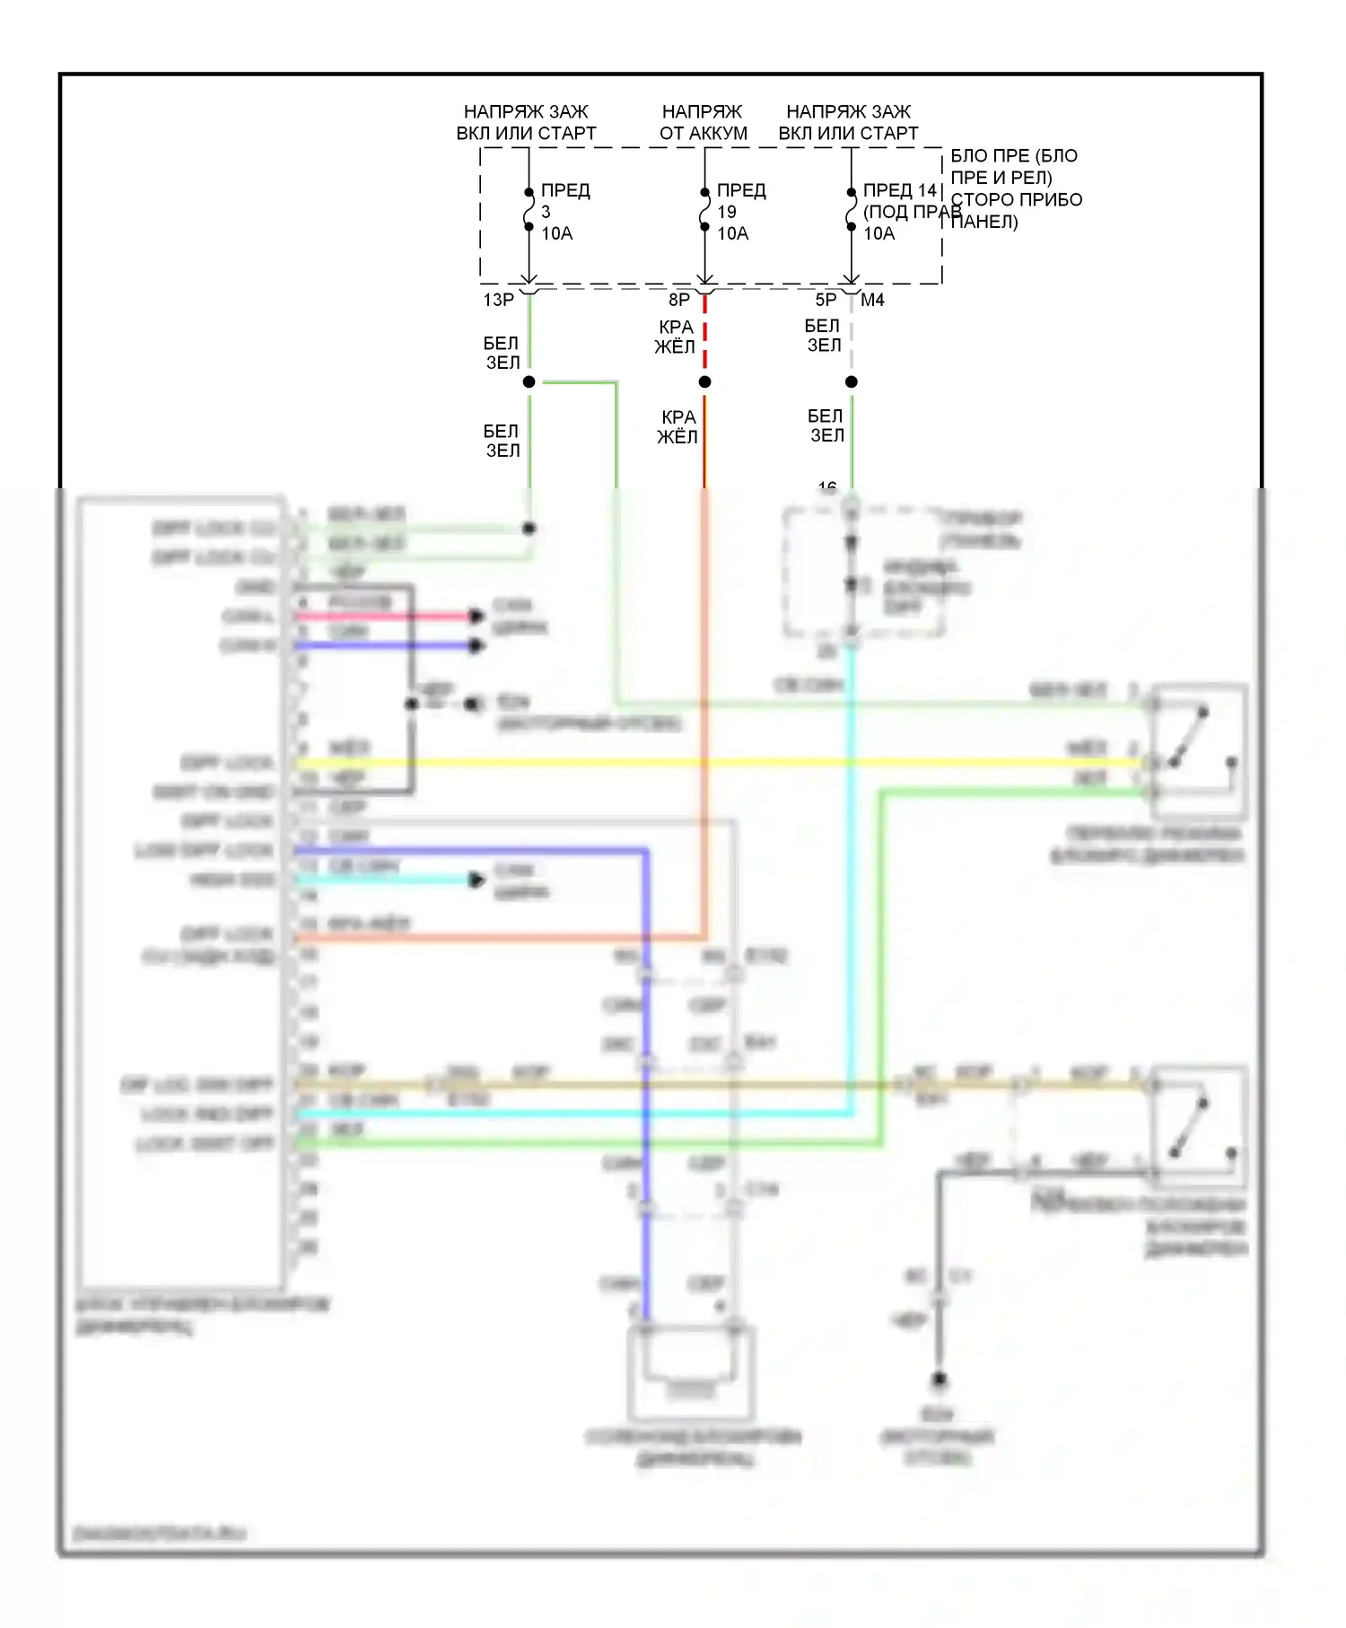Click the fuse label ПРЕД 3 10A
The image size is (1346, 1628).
564,212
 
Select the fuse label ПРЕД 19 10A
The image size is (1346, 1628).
739,212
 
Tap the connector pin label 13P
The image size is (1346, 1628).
498,300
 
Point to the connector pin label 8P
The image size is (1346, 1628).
679,300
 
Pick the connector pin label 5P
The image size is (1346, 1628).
826,300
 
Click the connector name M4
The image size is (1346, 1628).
872,300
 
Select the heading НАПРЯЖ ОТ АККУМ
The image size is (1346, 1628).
703,122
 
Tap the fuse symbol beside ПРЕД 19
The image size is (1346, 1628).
705,209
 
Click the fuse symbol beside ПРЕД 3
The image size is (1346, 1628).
529,209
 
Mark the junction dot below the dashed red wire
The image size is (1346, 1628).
705,382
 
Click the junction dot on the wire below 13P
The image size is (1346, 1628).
529,382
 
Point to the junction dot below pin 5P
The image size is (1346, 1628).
852,382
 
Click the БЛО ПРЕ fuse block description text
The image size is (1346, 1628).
1014,188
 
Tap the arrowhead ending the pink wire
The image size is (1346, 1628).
476,616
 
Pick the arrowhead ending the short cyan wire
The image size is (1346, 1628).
476,880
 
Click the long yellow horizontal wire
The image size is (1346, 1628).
718,763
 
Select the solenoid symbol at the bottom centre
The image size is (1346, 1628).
690,1373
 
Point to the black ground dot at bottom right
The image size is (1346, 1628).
939,1379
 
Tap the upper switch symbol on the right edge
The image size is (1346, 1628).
1199,750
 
